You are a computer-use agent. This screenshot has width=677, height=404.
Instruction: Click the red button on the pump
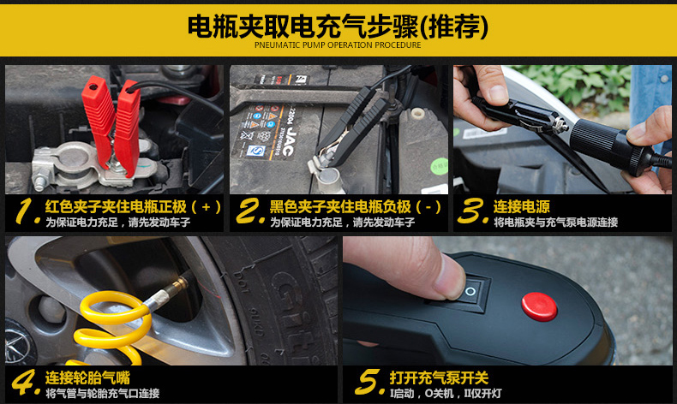539,306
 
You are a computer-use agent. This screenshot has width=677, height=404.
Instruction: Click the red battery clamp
113,126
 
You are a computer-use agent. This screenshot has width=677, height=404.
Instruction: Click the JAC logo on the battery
289,140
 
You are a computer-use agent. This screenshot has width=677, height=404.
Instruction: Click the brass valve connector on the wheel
177,286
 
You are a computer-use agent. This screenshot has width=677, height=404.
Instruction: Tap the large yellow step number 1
27,211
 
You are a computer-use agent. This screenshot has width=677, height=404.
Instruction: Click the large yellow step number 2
250,211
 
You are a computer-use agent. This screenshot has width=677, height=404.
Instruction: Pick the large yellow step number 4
25,382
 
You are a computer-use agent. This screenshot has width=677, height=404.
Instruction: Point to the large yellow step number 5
369,382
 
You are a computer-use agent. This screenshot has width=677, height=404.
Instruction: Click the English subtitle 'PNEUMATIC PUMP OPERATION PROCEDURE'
338,45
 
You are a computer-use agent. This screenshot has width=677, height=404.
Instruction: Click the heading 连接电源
522,206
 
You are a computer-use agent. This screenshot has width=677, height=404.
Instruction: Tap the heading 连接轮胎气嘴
87,377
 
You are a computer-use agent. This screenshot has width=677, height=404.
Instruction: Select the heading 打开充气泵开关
439,377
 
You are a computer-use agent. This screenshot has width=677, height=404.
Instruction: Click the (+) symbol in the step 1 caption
206,207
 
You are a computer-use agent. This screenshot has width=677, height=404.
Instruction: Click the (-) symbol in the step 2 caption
428,207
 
